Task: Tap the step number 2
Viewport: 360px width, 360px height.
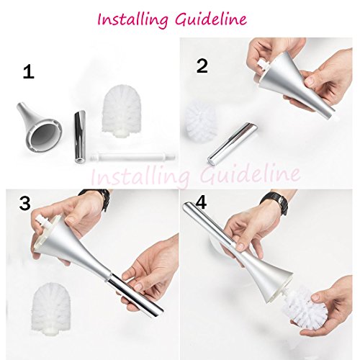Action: pos(202,66)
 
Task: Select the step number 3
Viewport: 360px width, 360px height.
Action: pos(24,204)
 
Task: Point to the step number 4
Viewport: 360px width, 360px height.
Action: pos(201,204)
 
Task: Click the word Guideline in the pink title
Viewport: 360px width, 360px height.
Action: pos(211,19)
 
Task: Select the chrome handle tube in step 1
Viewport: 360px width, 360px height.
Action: pos(80,137)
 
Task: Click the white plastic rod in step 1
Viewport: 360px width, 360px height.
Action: pos(132,157)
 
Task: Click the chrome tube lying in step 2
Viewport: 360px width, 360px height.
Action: pos(232,143)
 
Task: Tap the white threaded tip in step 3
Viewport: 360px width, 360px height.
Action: pos(40,220)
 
